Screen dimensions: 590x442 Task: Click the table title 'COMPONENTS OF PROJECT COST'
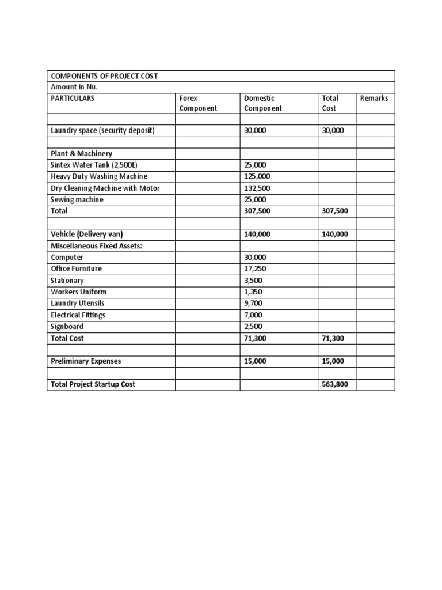point(104,76)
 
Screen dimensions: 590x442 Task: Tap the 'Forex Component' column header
point(198,103)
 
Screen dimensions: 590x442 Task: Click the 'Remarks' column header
point(374,99)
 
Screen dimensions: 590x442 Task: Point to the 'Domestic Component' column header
point(263,103)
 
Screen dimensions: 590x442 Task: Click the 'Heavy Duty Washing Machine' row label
point(99,176)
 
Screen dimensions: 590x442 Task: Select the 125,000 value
point(257,176)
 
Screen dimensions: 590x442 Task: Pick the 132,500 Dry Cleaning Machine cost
point(257,188)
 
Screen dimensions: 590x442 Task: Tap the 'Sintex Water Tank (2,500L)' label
point(94,165)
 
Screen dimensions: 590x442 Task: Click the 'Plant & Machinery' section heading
point(81,154)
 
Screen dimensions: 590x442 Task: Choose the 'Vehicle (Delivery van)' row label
point(87,234)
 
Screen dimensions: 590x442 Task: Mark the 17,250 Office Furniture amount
point(255,268)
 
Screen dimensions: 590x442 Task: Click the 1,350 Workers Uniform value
point(253,292)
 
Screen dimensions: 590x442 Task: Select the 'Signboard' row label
point(67,326)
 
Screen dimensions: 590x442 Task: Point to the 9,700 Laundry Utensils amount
point(253,303)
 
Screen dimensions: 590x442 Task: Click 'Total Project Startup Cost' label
point(93,384)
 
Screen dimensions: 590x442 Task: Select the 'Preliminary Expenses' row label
point(86,361)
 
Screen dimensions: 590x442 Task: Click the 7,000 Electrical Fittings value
point(253,315)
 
